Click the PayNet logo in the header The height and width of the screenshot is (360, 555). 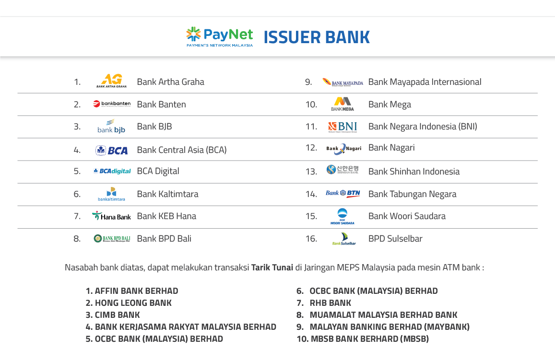coord(219,37)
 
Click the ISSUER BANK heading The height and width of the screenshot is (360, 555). coord(317,37)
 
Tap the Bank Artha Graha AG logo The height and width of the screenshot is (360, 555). coord(111,81)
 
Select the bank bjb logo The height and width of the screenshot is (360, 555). coord(111,126)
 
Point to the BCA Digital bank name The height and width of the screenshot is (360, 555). coord(158,171)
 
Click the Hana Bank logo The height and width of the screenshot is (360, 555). coord(111,216)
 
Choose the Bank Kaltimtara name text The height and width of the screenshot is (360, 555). coord(167,194)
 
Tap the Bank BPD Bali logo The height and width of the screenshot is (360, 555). coord(112,239)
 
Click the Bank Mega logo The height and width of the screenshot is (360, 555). coord(342,104)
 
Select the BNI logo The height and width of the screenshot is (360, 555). coord(342,127)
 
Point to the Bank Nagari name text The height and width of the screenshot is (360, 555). coord(391,148)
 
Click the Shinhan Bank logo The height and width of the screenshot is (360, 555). coord(342,170)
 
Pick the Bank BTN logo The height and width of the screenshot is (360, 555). coord(342,194)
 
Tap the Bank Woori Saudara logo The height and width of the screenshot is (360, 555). coord(342,216)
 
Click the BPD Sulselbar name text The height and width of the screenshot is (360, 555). coord(395,239)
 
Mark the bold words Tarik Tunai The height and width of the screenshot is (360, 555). coord(272,267)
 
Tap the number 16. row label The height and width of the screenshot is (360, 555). coord(311,239)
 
